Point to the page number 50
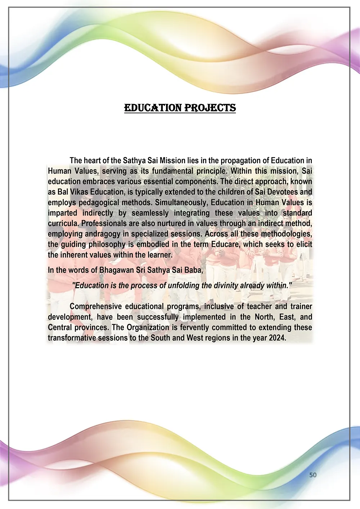pos(313,475)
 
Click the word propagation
pos(242,160)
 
